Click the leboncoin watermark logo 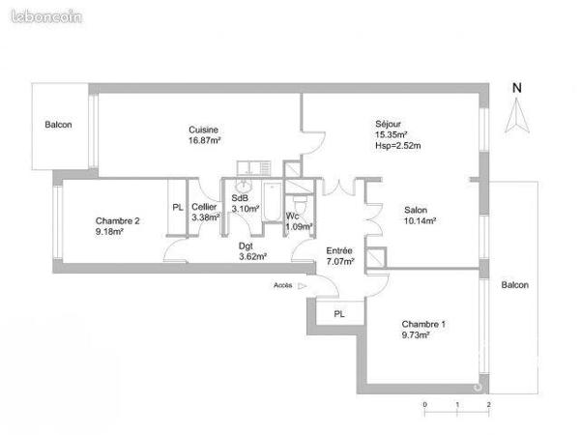(x=46, y=17)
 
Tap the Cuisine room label (x=203, y=130)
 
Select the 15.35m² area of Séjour (x=391, y=134)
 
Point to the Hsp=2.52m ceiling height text (x=398, y=146)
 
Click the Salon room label (x=416, y=210)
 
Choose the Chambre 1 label (x=424, y=325)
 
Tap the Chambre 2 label (x=118, y=221)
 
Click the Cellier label (x=204, y=207)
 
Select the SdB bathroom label (x=240, y=198)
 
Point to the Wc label (x=292, y=216)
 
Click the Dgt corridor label (x=246, y=246)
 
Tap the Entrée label (x=339, y=250)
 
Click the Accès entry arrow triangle (x=303, y=285)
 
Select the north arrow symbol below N (x=517, y=115)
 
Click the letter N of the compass (x=517, y=88)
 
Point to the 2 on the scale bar (x=488, y=405)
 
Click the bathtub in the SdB (x=273, y=202)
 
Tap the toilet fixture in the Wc (x=300, y=206)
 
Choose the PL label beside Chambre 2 (x=178, y=208)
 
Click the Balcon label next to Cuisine (x=58, y=125)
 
